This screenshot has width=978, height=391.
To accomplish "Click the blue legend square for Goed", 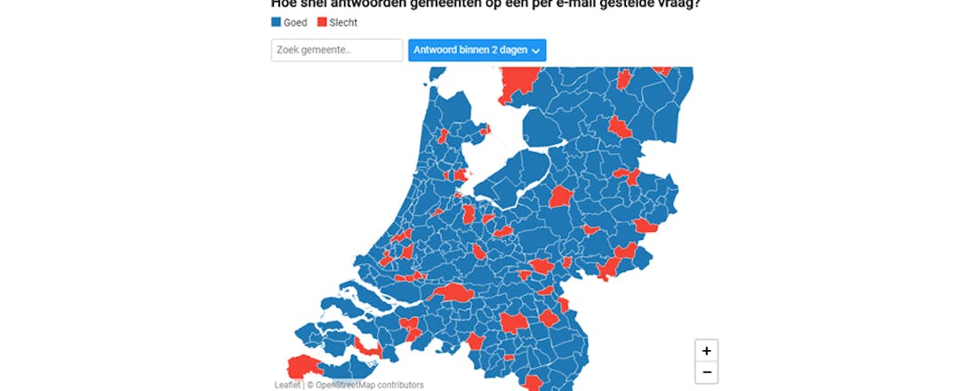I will pyautogui.click(x=276, y=22).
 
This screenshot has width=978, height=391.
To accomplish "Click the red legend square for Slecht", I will pyautogui.click(x=322, y=22).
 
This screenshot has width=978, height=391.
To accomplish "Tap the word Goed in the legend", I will pyautogui.click(x=295, y=22).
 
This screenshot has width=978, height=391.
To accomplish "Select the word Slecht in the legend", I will pyautogui.click(x=343, y=22).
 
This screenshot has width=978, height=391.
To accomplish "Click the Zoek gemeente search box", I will pyautogui.click(x=337, y=51).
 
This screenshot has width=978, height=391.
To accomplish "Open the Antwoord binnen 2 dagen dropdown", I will pyautogui.click(x=477, y=51).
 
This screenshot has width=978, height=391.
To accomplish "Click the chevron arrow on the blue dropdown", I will pyautogui.click(x=536, y=52).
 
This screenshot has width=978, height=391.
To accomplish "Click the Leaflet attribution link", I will pyautogui.click(x=287, y=385).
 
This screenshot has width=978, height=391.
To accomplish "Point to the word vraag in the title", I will pyautogui.click(x=679, y=3).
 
